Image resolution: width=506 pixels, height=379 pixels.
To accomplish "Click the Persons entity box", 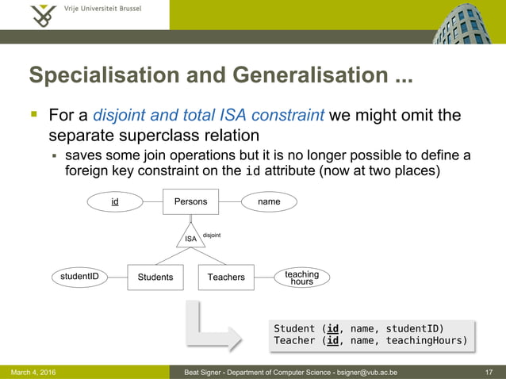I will point(190,201).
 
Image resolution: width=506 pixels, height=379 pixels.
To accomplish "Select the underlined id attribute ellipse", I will point(115,202).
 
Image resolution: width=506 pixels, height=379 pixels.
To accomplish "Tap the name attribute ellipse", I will point(269,202).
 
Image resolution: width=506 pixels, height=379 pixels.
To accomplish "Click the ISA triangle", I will point(190,236).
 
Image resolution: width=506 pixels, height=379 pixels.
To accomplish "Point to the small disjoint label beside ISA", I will point(212,235).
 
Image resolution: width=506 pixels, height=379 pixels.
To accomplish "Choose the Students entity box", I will point(155,277).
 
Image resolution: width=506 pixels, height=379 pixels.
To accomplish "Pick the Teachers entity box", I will point(226,277).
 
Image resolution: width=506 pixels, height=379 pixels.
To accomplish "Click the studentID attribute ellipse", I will point(80,276).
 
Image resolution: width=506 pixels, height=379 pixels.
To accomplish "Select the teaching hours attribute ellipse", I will point(301,278).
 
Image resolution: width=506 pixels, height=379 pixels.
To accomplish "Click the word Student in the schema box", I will point(294,328).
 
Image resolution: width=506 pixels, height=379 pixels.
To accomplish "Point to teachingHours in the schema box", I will point(427,341).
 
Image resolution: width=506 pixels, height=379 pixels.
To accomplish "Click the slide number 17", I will point(489,372).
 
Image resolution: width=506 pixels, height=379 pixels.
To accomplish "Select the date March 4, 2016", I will point(33,372).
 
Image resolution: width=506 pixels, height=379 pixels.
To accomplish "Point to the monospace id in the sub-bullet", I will point(253,170).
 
